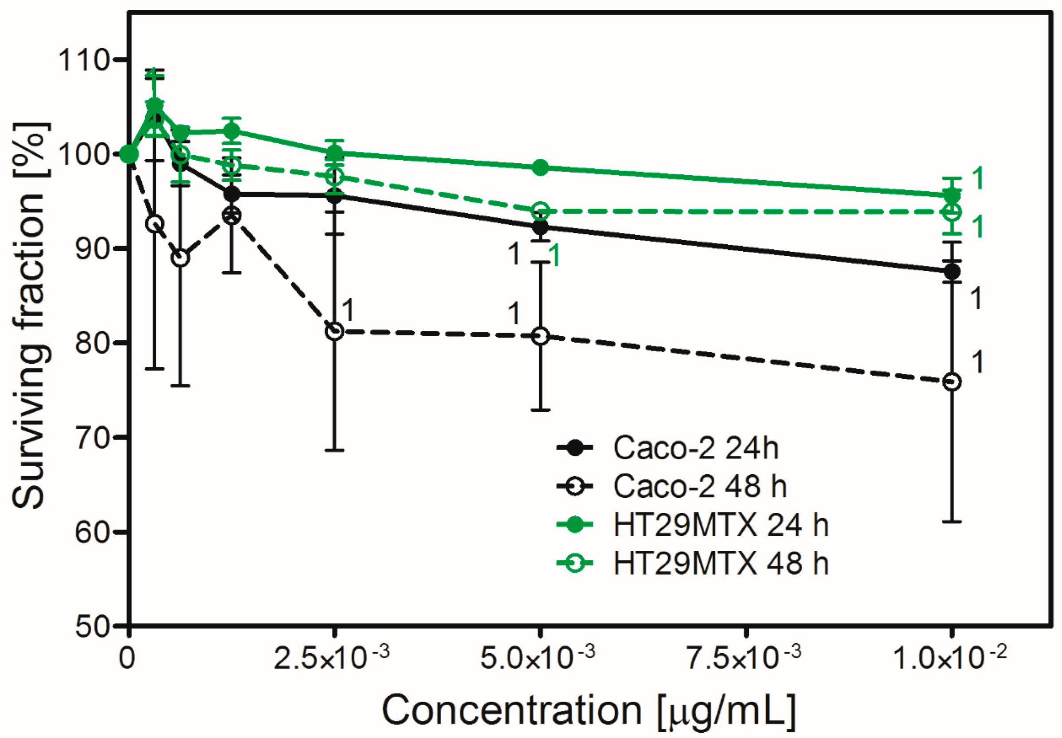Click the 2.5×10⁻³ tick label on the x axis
pyautogui.click(x=331, y=658)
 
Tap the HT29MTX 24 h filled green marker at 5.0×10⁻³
pyautogui.click(x=540, y=168)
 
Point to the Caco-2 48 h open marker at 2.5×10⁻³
pyautogui.click(x=335, y=331)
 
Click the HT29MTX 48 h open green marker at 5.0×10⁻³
pyautogui.click(x=540, y=211)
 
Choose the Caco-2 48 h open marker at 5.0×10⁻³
pyautogui.click(x=540, y=336)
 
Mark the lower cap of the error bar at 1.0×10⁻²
pyautogui.click(x=951, y=522)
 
